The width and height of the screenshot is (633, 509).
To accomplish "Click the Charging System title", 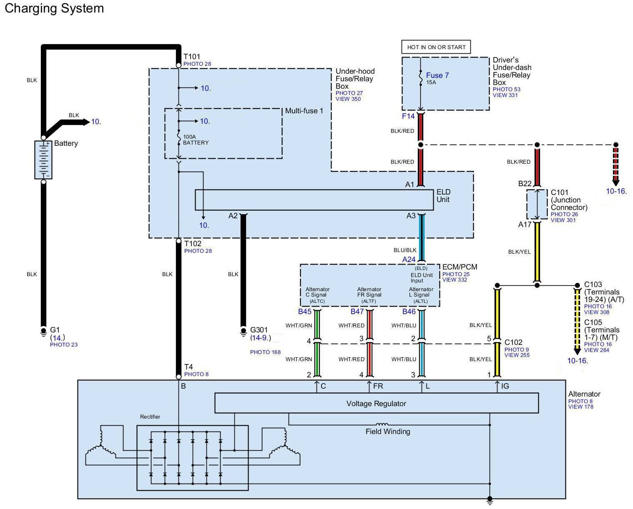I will (x=54, y=8).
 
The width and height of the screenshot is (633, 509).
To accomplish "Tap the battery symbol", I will (x=43, y=160).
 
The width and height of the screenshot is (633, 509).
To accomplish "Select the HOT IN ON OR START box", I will (x=436, y=47).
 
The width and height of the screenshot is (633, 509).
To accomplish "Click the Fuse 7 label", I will (x=437, y=75).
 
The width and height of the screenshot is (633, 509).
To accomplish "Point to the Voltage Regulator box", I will (x=376, y=403).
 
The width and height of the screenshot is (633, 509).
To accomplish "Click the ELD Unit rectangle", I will (x=314, y=200).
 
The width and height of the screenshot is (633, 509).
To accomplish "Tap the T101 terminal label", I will (x=192, y=57).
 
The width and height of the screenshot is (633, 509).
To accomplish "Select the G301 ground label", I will (x=259, y=330).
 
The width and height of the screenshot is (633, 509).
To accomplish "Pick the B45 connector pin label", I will (x=304, y=311).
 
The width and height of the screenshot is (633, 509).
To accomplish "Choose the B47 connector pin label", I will (x=357, y=311).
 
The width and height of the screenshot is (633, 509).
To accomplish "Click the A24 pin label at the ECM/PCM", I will (x=409, y=259).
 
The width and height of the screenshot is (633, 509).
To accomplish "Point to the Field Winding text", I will (x=388, y=432).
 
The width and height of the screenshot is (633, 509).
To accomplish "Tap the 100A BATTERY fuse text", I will (x=196, y=140).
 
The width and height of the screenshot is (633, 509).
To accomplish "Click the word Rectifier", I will (x=150, y=417).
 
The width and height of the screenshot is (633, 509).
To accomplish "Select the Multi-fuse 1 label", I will (x=304, y=111).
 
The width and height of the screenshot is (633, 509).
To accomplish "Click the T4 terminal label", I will (x=188, y=367).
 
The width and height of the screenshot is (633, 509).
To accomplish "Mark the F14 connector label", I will (x=408, y=116).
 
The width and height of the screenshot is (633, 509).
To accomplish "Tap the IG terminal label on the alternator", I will (x=505, y=386).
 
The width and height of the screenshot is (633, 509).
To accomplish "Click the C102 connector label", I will (x=513, y=342).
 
